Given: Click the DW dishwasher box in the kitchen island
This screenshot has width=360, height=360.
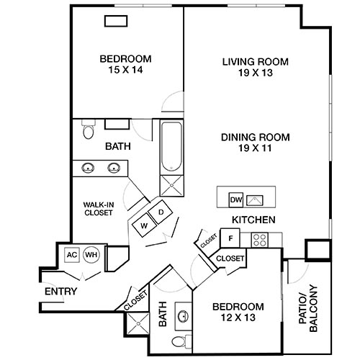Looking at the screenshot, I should (235, 199).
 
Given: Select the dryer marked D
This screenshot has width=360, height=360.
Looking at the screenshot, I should (161, 212).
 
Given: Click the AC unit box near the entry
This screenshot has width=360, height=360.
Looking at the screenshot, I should (72, 255).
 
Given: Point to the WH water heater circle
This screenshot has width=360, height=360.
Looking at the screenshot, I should (91, 255).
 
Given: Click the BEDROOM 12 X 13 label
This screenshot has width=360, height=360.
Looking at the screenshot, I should (237, 311).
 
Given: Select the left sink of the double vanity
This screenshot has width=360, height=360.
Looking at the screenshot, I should (88, 168).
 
